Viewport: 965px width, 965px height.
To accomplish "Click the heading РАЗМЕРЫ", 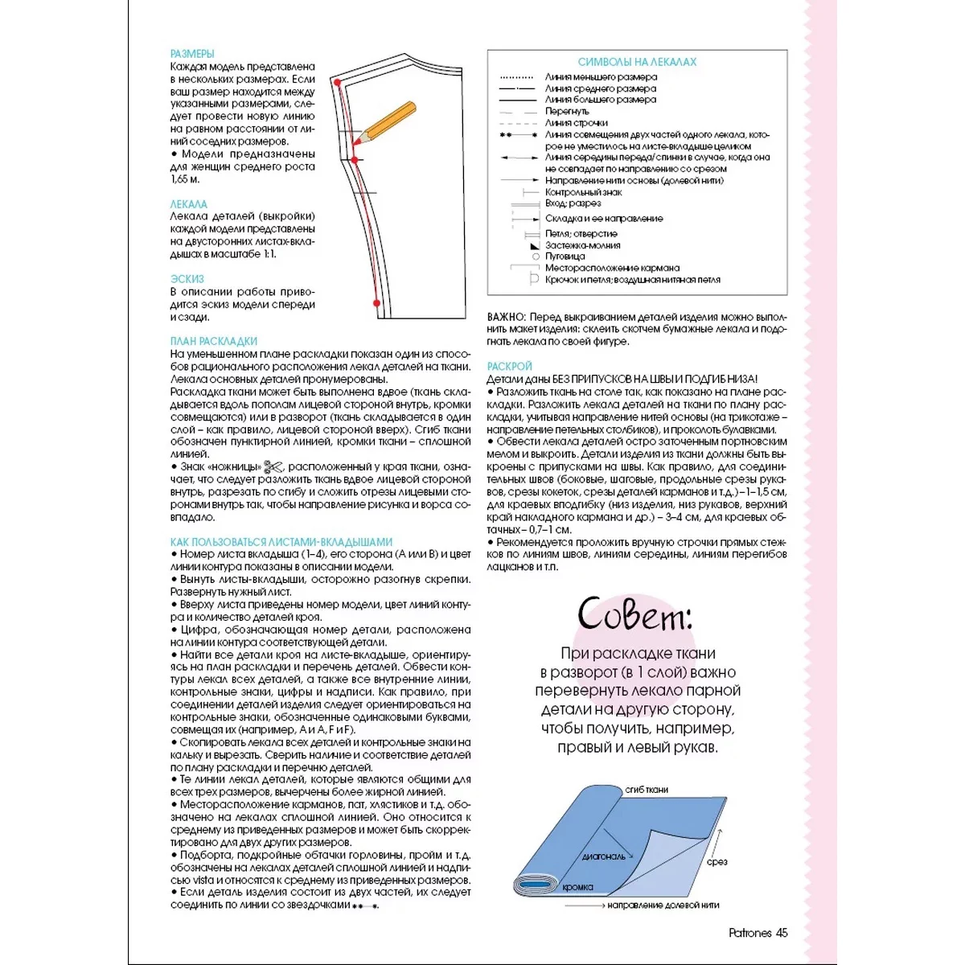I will click(192, 54).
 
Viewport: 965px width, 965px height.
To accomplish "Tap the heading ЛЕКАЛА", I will click(189, 204).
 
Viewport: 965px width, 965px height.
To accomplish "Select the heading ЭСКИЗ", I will click(187, 279).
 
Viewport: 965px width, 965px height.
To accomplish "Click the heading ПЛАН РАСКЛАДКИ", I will click(214, 342).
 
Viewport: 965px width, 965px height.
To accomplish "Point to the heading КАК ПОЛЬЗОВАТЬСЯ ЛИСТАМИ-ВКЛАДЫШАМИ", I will click(281, 542).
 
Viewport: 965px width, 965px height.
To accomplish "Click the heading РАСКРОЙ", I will click(509, 367).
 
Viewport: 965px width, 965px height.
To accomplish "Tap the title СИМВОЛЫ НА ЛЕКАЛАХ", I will click(637, 62).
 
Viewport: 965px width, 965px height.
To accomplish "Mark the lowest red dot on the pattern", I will click(376, 303).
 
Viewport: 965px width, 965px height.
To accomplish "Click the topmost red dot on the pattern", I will click(338, 82).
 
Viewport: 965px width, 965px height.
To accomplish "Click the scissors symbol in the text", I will click(274, 467).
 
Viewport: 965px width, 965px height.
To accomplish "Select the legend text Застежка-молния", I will click(582, 245).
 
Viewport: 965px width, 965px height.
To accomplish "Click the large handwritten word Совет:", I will click(634, 616).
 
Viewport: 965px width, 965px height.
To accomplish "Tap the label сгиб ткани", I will click(647, 790).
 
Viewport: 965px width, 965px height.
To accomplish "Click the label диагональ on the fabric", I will click(603, 856).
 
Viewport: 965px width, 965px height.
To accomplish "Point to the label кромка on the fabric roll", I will click(577, 887).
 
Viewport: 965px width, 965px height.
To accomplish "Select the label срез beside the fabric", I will click(717, 862).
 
